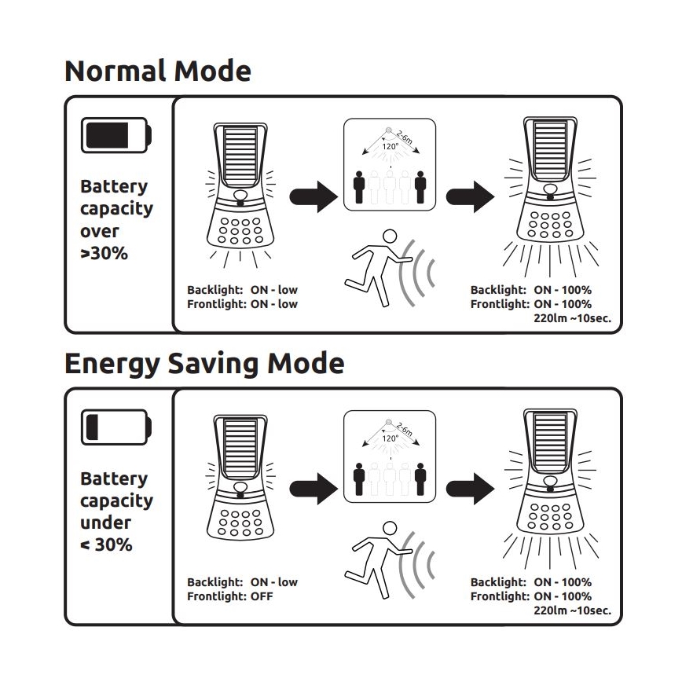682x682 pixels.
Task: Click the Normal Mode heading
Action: coord(158,71)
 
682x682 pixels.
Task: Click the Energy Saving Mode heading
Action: coord(204,365)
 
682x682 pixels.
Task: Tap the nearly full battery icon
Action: coord(116,135)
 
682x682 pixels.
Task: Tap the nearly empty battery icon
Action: coord(116,427)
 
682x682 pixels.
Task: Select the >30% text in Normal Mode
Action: coord(104,253)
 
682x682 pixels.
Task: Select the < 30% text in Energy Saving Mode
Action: coord(107,544)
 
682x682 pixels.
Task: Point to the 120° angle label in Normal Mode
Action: coord(390,147)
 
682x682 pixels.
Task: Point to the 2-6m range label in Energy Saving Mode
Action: coord(405,429)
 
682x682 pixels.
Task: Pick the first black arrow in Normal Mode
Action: coord(313,196)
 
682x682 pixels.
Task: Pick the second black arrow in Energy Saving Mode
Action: coord(470,489)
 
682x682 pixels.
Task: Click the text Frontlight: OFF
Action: coord(230,596)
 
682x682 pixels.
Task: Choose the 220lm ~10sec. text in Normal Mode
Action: coord(572,318)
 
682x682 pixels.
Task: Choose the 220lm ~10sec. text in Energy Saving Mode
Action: coord(572,610)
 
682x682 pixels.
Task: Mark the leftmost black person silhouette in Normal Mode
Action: coord(359,188)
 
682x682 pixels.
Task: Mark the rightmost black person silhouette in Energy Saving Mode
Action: coord(420,479)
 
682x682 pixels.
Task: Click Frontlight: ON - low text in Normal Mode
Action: coord(242,304)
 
